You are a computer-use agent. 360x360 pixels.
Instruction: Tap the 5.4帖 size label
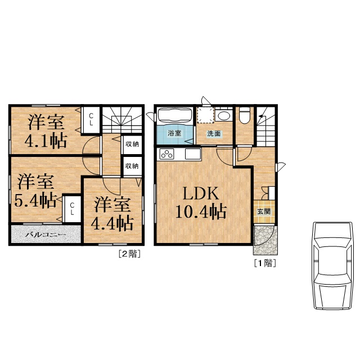35,200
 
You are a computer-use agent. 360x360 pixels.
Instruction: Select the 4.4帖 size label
114,223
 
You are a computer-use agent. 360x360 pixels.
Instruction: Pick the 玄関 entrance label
263,212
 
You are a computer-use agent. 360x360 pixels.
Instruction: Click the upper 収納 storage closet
132,144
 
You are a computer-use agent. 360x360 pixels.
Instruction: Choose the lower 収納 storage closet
132,166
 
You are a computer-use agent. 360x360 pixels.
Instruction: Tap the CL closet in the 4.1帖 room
91,119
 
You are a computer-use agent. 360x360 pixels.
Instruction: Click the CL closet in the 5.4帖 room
72,209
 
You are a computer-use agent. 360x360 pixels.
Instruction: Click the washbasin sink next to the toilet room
223,116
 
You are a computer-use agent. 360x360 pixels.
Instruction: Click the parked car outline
334,264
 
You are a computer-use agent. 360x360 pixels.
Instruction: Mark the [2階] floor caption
128,254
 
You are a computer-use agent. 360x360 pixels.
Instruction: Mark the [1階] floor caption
264,263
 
